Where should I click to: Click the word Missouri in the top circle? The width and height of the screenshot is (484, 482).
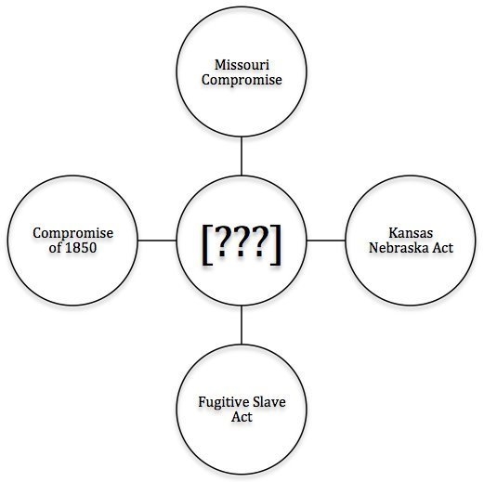242,65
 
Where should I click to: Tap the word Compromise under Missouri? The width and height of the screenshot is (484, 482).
242,80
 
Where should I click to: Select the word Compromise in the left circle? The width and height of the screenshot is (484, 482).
73,234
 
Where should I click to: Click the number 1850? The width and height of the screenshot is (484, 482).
81,248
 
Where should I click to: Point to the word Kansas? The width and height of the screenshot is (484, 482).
411,233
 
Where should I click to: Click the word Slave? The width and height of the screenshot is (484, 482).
268,402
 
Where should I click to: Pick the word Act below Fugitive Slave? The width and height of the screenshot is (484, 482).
242,417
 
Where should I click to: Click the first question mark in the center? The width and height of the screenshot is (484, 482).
222,241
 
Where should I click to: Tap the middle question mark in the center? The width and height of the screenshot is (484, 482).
242,241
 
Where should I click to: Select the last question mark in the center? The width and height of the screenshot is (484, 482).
261,241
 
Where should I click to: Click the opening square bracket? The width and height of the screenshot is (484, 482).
207,244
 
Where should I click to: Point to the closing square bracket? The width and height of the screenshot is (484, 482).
276,244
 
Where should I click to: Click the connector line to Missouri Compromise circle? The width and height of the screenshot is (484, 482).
242,156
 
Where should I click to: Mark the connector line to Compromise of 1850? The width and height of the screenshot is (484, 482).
157,241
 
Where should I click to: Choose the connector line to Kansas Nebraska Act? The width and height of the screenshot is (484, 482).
326,241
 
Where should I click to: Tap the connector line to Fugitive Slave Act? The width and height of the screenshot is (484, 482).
242,325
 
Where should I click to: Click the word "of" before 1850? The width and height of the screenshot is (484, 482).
55,248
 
